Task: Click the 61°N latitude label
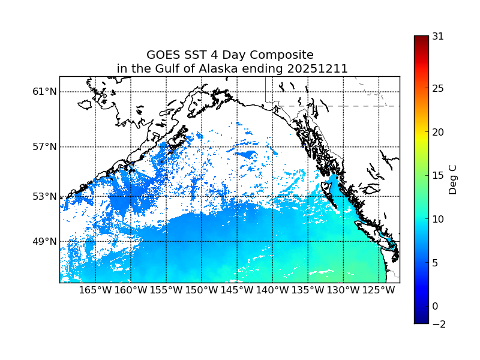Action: (44, 92)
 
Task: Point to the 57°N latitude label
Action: (44, 147)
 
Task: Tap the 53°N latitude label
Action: (44, 196)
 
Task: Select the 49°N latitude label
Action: (44, 241)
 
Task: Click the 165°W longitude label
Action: (95, 291)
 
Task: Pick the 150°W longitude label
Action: (202, 291)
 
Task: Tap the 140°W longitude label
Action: (272, 291)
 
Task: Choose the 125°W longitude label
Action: (379, 291)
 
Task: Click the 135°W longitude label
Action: (308, 291)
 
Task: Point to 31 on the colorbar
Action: (438, 36)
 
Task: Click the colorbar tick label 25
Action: (438, 89)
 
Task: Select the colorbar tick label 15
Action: (438, 176)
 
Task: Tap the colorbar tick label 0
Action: (435, 306)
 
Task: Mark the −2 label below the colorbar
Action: (437, 324)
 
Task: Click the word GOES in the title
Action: (163, 55)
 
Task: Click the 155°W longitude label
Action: (166, 291)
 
